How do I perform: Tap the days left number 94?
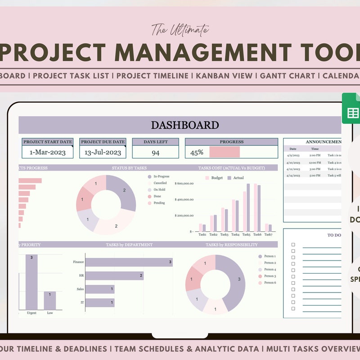[x=155, y=153]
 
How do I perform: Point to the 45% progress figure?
[x=197, y=153]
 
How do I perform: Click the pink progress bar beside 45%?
[x=225, y=152]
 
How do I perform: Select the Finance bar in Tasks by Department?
[x=129, y=262]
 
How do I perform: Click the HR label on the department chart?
[x=81, y=275]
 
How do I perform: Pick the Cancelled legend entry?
[x=160, y=183]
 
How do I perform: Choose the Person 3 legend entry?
[x=270, y=276]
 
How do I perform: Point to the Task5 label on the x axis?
[x=247, y=234]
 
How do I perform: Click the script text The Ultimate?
[x=180, y=30]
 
